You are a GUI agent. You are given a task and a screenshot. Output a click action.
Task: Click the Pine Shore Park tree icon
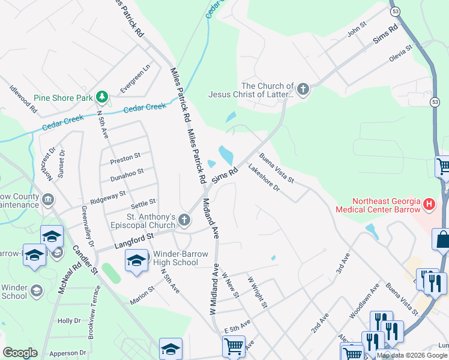click(x=102, y=96)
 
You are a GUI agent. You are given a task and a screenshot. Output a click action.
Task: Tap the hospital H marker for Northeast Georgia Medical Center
click(x=429, y=204)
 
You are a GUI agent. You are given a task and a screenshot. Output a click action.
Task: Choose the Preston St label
click(x=125, y=158)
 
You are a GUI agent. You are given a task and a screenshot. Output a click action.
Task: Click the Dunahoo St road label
click(x=126, y=175)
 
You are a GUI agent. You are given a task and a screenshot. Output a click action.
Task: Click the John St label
click(x=357, y=29)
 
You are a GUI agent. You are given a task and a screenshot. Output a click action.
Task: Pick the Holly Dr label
click(x=69, y=321)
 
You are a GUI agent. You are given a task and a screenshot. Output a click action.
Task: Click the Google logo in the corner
click(x=20, y=353)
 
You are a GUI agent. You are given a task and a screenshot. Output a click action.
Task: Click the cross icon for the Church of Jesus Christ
click(x=303, y=90)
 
